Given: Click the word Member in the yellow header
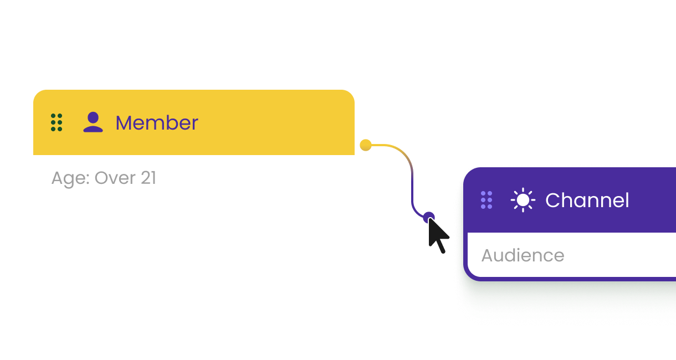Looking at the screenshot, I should pos(156,123).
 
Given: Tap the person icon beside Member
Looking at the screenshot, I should pos(93,122).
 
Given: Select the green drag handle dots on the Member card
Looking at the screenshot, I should pos(57,122).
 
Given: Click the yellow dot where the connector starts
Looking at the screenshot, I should pos(365,145).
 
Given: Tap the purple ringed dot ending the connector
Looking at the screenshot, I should pos(428,217).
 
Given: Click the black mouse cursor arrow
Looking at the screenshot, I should pos(438,236).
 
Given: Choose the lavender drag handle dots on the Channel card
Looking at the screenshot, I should pos(486,200).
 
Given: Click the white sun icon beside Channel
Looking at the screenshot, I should pos(523,200).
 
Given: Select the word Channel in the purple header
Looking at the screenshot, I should pos(587,200).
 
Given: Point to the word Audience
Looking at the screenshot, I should pos(523,255).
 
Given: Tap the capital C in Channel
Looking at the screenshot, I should pos(552,200).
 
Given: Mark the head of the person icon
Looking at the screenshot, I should pos(93,117).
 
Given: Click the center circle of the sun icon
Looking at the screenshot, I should pos(523,200).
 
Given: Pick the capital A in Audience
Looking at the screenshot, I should pos(488,255).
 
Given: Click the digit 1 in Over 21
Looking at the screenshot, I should pos(152,178).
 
